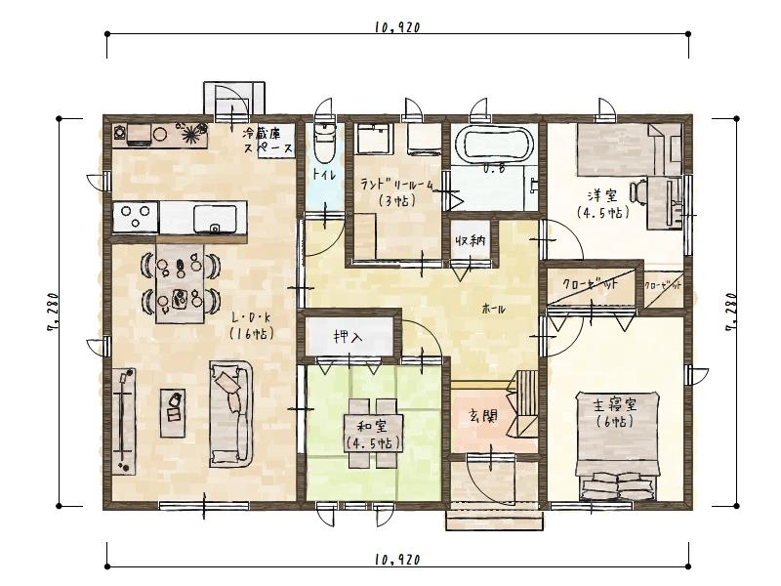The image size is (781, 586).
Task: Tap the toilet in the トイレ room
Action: click(323, 146)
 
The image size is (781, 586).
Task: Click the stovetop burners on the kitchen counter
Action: click(136, 214)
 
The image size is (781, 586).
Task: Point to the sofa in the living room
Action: click(233, 410)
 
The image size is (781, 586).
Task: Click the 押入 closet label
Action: click(348, 338)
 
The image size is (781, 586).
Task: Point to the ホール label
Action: click(494, 309)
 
